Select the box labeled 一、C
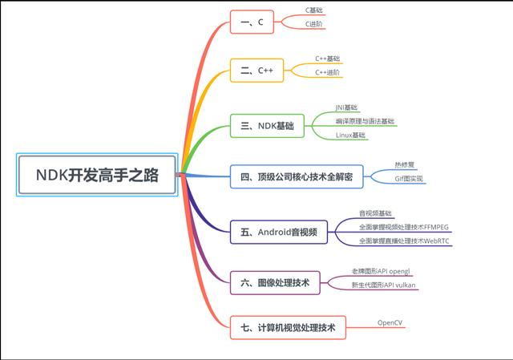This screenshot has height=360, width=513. [x=252, y=22]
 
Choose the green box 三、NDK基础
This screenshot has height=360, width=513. [x=267, y=126]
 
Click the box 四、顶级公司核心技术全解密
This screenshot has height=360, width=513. [x=297, y=176]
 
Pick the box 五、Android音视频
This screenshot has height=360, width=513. [x=278, y=233]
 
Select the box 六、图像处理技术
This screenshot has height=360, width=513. [x=275, y=281]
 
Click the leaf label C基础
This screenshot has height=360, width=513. [x=316, y=10]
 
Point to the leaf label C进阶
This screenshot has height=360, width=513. [x=316, y=24]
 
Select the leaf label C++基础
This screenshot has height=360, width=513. [x=327, y=59]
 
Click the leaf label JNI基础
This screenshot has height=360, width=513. [x=347, y=107]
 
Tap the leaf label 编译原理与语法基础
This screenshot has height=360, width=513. [x=365, y=121]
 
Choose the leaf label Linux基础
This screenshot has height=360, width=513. [x=351, y=135]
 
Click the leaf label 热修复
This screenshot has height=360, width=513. [x=405, y=164]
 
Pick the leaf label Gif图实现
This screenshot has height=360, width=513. [x=410, y=179]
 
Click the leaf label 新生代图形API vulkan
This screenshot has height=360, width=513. [x=384, y=285]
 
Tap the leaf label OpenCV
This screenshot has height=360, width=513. [x=390, y=322]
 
